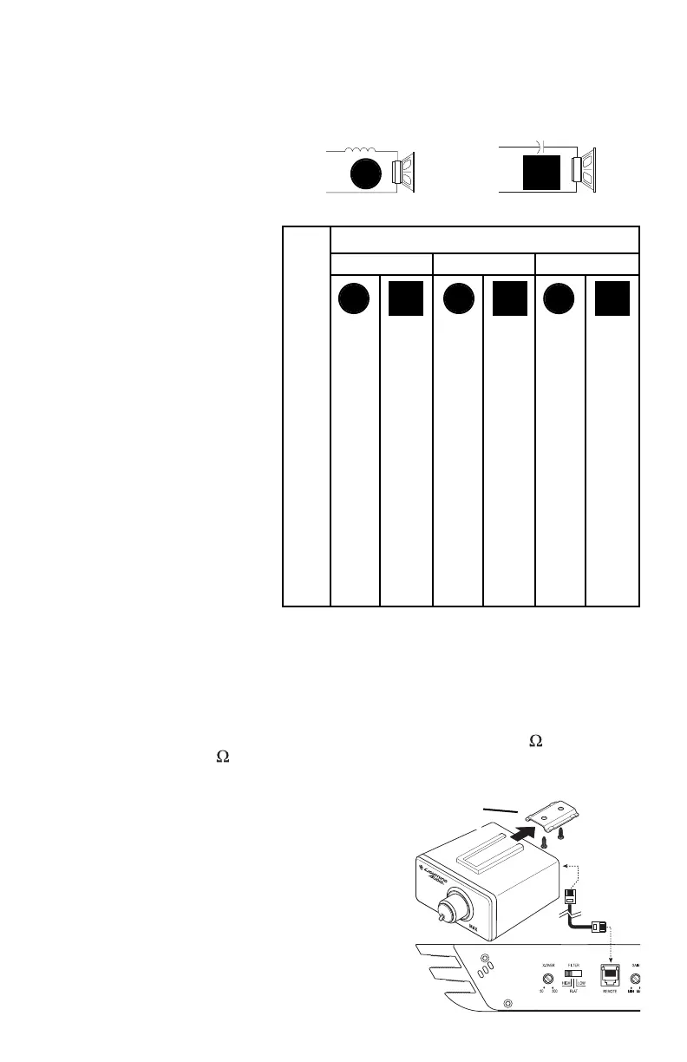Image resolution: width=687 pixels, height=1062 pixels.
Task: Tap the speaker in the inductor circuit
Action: pyautogui.click(x=404, y=173)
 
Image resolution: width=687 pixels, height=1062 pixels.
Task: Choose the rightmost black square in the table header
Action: pyautogui.click(x=612, y=298)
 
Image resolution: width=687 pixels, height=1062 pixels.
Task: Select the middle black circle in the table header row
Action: pyautogui.click(x=457, y=298)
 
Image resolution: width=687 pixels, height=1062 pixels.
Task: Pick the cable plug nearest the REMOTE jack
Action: pyautogui.click(x=598, y=928)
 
